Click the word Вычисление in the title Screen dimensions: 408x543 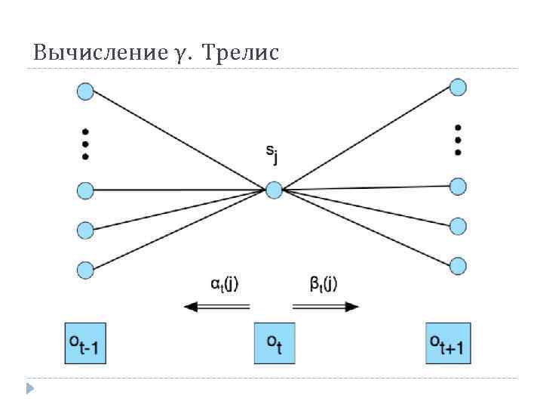click(96, 54)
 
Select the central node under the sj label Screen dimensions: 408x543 click(274, 190)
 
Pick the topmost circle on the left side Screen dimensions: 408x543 click(85, 92)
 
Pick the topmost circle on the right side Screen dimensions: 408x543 click(458, 87)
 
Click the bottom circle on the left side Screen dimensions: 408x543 click(85, 269)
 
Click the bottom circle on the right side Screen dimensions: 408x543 click(458, 265)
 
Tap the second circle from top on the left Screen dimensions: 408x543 click(85, 190)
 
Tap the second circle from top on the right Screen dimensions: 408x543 click(458, 186)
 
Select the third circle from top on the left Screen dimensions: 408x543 click(85, 229)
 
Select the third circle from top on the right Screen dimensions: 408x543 click(458, 225)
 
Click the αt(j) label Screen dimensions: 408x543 click(225, 284)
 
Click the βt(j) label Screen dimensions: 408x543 click(324, 284)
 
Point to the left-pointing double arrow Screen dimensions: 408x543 click(217, 306)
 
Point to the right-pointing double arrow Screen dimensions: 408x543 click(325, 306)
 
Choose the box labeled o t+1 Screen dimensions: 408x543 click(448, 343)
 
